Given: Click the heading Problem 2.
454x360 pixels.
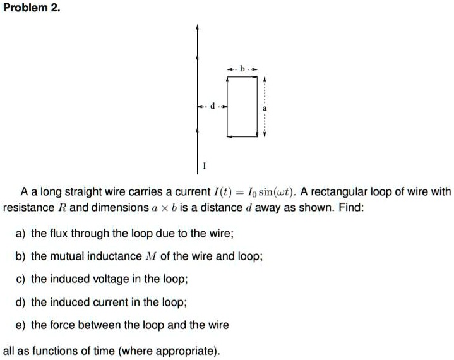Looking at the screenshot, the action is pos(32,8).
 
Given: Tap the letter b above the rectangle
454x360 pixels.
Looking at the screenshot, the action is pos(242,69).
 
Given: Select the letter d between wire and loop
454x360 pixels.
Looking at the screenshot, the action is pos(213,106).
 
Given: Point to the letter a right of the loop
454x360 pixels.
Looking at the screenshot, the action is pos(265,109).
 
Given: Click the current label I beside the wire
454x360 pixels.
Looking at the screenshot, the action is pos(205,165).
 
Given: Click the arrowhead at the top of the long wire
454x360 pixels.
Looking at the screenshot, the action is pos(197,27).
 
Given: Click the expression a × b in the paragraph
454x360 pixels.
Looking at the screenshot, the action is pos(164,208).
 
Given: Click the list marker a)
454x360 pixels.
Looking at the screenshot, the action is pos(20,234).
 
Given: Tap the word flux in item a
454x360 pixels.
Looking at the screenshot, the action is pos(59,233).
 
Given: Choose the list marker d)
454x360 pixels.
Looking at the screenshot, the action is pos(20,303).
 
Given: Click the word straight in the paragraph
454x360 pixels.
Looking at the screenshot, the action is pos(83,192).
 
